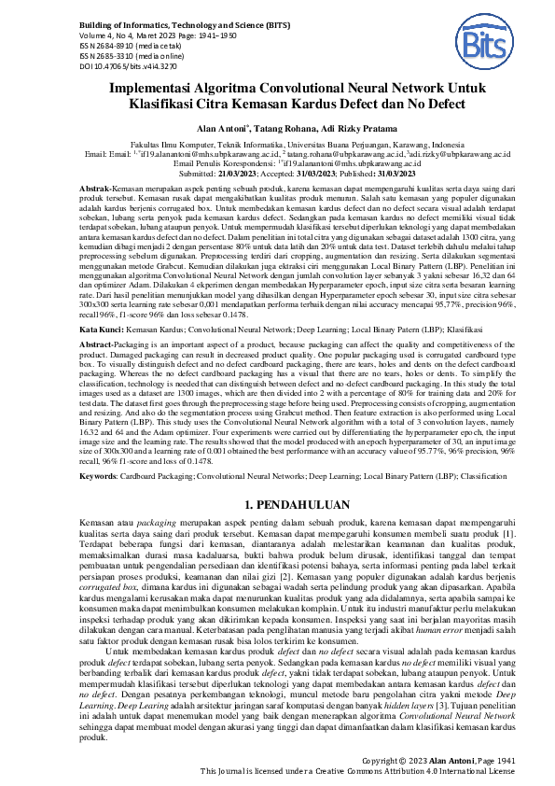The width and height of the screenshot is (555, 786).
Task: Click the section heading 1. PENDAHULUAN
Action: point(277,503)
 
